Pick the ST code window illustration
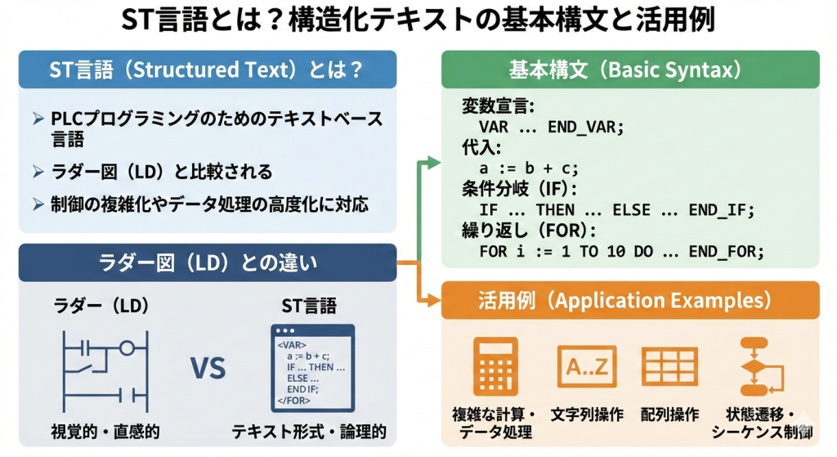312,368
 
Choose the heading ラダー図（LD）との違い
208,262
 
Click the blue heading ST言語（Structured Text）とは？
208,69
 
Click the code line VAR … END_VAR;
551,128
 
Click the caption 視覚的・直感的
105,431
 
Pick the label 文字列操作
588,414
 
